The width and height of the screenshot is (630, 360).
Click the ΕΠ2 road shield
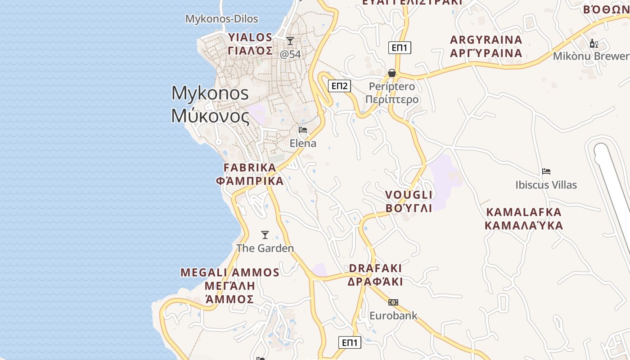(339, 86)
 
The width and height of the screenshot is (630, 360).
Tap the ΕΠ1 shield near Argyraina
(400, 48)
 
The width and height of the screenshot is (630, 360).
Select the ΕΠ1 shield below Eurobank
(350, 342)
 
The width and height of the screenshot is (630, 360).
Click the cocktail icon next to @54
(290, 41)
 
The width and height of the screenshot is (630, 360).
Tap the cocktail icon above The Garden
(265, 235)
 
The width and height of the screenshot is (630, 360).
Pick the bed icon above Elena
(303, 130)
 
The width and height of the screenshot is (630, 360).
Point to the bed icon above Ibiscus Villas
(546, 171)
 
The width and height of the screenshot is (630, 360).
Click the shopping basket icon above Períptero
(392, 73)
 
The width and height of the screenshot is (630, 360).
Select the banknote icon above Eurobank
(393, 302)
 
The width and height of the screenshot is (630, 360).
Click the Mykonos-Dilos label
(222, 19)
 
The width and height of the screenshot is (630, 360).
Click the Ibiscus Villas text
(546, 185)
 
